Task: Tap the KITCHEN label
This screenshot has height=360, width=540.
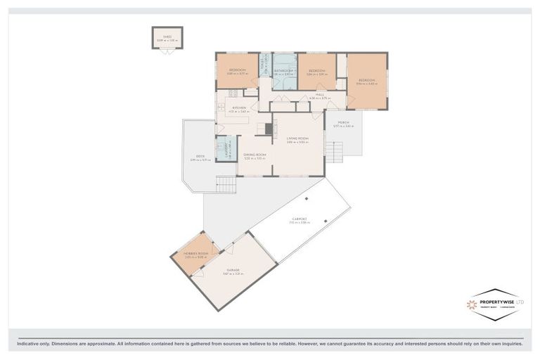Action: pyautogui.click(x=239, y=108)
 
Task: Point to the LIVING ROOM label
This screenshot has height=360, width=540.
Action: pyautogui.click(x=298, y=139)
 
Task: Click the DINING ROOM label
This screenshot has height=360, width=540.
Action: pyautogui.click(x=254, y=155)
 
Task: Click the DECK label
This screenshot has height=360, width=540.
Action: pyautogui.click(x=200, y=157)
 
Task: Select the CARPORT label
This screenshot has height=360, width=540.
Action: pyautogui.click(x=300, y=219)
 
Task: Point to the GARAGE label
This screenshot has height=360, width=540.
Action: pyautogui.click(x=233, y=270)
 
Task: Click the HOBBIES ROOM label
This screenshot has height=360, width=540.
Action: pyautogui.click(x=196, y=254)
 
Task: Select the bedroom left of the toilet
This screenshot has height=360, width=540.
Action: pyautogui.click(x=236, y=70)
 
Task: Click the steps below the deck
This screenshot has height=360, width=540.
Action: pyautogui.click(x=226, y=185)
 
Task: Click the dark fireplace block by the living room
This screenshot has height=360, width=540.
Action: pyautogui.click(x=268, y=129)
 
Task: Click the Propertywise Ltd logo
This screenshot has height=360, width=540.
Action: pyautogui.click(x=496, y=304)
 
